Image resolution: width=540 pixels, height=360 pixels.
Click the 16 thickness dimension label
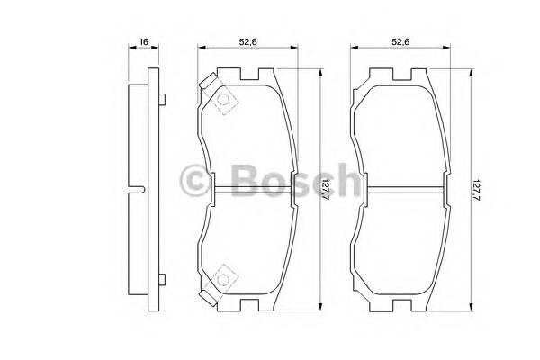point(143,40)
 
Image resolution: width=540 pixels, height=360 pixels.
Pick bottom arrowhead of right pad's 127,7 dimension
point(472,308)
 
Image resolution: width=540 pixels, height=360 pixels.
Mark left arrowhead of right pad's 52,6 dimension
point(353,50)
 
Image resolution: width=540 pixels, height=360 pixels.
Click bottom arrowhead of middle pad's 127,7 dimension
point(319,308)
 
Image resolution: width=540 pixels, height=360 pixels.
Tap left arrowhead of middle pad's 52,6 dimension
point(200,50)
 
